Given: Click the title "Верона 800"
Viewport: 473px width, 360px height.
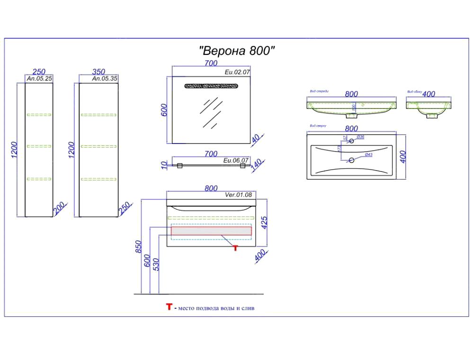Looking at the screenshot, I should (237, 51).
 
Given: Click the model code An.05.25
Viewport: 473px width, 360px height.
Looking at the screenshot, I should (39, 79).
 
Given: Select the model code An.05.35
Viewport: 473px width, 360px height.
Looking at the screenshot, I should (104, 79).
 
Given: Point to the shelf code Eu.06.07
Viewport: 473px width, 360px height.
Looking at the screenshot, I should (236, 161).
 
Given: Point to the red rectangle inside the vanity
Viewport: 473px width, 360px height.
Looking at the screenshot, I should (211, 231).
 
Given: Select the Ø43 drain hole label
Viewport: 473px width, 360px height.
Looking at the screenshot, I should (369, 155).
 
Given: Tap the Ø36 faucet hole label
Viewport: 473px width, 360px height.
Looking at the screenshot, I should (360, 137).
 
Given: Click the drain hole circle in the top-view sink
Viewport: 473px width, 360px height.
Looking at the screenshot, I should (351, 160).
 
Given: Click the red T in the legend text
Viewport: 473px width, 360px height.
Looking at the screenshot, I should (168, 307).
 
